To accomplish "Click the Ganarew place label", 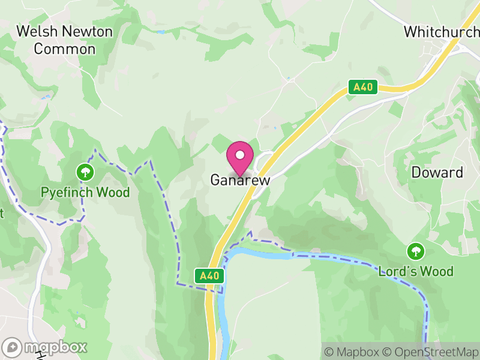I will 240,180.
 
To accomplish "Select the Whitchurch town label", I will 442,32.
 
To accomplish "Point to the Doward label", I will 437,173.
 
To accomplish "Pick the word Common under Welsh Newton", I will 64,49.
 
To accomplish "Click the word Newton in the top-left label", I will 86,32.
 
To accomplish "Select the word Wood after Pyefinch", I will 114,193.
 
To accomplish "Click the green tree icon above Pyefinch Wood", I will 85,173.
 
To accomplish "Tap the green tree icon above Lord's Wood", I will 415,251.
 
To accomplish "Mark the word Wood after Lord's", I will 436,271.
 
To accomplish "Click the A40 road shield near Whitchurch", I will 363,88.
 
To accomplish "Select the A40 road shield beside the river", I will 210,275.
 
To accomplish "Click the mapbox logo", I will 45,347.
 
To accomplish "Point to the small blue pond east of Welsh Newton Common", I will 160,32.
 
